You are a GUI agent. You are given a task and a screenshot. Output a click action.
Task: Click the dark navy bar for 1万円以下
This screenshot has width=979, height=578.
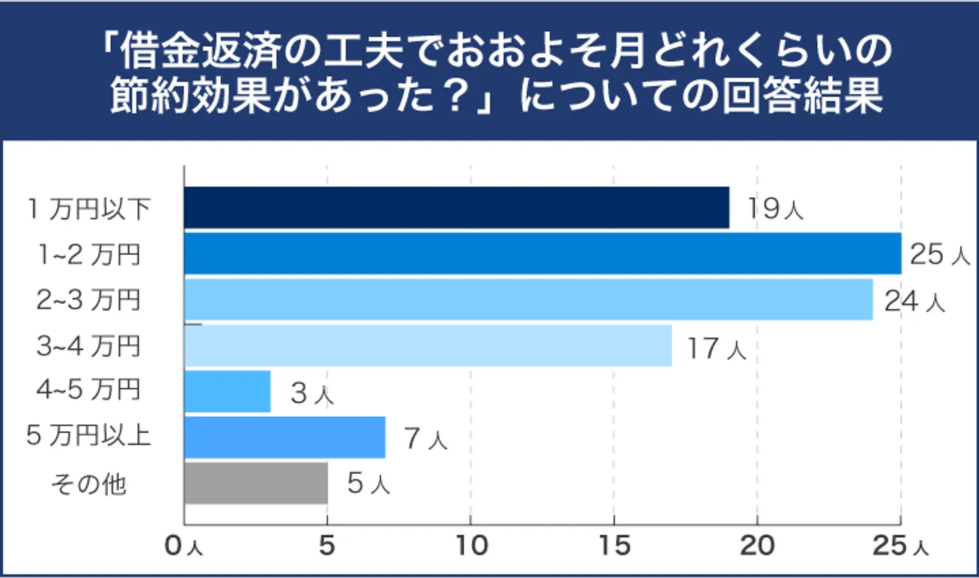456,207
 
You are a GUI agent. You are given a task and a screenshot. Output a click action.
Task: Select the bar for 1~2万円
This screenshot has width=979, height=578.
542,254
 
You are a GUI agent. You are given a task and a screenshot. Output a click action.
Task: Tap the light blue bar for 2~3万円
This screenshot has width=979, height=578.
528,299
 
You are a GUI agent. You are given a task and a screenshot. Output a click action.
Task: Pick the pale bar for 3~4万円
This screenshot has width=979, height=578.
428,345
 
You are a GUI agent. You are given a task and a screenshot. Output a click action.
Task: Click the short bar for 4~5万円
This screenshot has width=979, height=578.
227,391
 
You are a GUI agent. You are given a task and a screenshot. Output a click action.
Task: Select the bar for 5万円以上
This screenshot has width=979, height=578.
284,437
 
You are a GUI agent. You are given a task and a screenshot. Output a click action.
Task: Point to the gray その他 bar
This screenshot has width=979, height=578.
256,483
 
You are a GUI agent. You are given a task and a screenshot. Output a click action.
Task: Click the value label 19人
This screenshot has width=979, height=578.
775,209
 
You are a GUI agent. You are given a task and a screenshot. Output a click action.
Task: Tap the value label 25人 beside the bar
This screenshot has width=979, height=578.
940,254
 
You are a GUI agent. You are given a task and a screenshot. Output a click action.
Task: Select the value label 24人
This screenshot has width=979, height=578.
914,301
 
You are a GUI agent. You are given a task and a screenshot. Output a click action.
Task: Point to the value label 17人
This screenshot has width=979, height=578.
717,348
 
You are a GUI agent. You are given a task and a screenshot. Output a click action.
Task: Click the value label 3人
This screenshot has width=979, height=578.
312,393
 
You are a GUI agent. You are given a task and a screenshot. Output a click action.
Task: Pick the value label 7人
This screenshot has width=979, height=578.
426,439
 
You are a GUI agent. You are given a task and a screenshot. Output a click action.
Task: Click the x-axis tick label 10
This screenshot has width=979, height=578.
471,545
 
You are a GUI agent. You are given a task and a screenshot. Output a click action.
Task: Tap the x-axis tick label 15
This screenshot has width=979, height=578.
614,545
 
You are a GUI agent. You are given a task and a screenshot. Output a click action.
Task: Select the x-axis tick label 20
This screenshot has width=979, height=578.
757,545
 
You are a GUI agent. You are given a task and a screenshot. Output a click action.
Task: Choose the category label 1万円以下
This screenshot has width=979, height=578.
88,209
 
